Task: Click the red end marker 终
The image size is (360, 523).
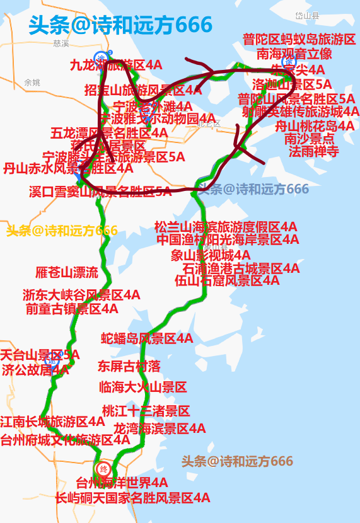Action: click(x=104, y=469)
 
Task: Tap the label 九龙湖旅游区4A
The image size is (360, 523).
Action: click(x=116, y=64)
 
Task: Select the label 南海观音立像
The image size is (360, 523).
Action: click(x=294, y=54)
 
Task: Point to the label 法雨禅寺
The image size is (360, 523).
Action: click(x=313, y=151)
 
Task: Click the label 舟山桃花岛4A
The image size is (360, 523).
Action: click(x=315, y=125)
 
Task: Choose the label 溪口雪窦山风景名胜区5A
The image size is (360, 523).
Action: click(x=100, y=192)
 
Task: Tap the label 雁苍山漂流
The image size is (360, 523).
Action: click(x=67, y=273)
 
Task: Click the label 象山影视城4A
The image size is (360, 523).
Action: click(x=210, y=255)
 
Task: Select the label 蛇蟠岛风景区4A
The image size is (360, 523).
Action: click(x=147, y=339)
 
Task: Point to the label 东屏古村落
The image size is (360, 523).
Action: click(x=129, y=365)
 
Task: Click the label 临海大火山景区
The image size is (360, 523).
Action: click(x=142, y=387)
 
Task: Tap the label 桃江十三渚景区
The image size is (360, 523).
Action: click(x=146, y=411)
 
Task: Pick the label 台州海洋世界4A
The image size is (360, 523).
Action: click(x=122, y=483)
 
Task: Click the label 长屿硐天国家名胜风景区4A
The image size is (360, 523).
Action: click(x=132, y=498)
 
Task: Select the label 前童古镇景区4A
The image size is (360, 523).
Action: click(x=72, y=308)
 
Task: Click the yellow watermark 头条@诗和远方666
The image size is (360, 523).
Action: click(x=62, y=231)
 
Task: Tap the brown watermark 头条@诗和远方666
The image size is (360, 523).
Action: click(x=237, y=461)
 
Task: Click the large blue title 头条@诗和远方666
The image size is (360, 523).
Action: click(x=120, y=25)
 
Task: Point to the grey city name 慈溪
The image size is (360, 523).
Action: click(x=61, y=43)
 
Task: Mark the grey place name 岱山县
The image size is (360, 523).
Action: click(x=307, y=15)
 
